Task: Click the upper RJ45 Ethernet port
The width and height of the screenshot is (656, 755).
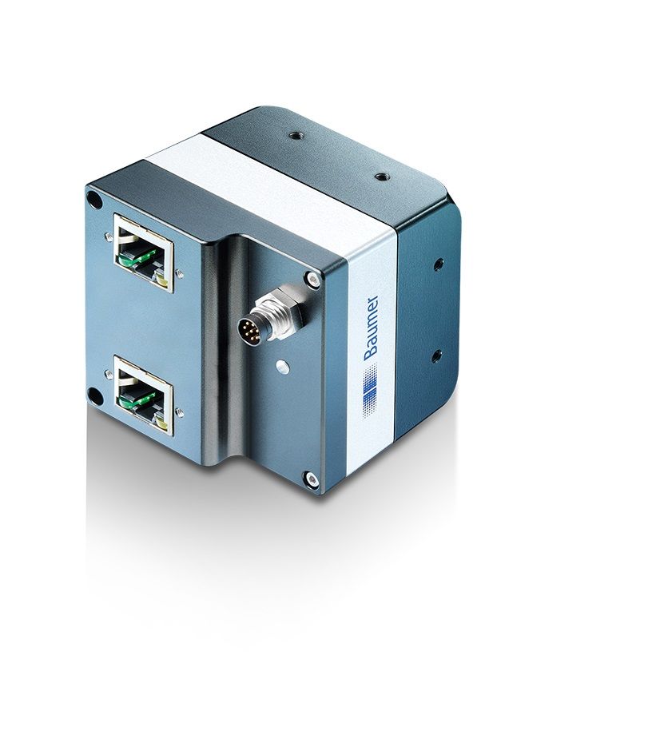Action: click(x=144, y=253)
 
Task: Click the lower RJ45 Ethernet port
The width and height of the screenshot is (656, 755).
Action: click(x=144, y=395)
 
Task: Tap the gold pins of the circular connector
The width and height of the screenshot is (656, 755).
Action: click(x=250, y=332)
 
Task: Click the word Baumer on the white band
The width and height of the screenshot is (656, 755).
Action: click(x=371, y=328)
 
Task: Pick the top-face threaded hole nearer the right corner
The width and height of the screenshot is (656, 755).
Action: click(x=381, y=177)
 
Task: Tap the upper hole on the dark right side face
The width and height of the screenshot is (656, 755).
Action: click(x=439, y=264)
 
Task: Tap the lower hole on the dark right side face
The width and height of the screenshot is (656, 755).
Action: click(x=436, y=356)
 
